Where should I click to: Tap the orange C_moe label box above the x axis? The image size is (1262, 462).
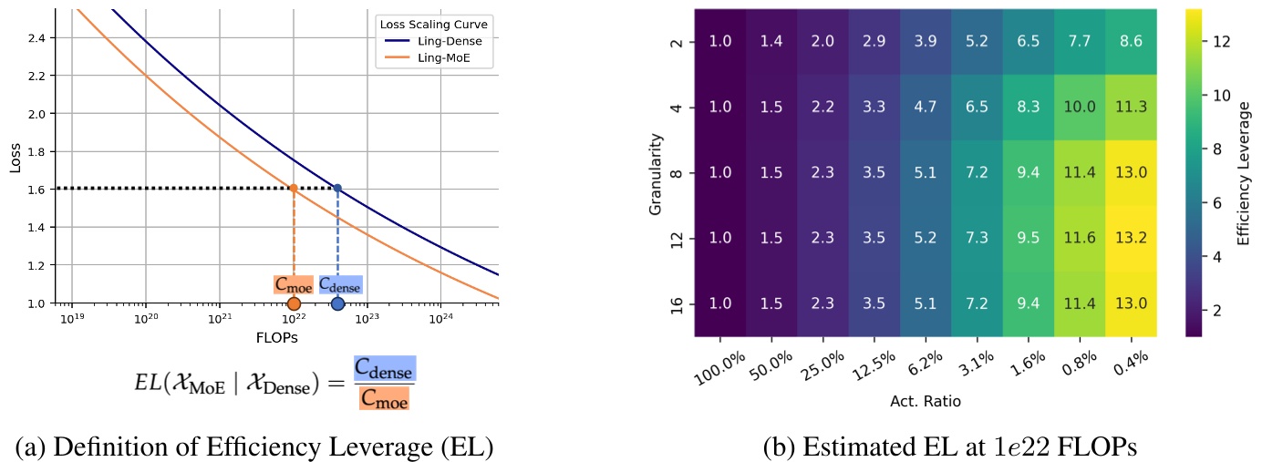pos(293,283)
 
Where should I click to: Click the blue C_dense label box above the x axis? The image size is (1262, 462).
pos(340,283)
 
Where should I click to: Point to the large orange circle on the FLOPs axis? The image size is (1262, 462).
pos(294,303)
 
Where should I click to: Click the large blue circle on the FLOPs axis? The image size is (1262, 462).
pos(337,303)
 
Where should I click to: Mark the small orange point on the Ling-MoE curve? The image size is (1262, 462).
pos(294,189)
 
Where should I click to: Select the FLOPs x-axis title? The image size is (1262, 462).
pos(276,337)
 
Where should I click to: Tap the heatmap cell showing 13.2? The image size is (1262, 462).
pos(1130,239)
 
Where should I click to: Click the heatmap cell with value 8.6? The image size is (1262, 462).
pos(1130,42)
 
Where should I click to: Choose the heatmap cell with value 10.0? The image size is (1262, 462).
pos(1079,108)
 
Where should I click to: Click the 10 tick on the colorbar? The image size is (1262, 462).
pos(1201,95)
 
